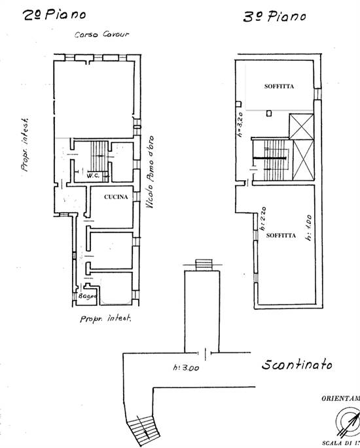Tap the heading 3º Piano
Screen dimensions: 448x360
pos(274,16)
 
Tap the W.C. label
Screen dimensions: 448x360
pos(91,176)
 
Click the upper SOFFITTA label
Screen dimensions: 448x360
pos(279,85)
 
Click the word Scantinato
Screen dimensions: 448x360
pos(296,365)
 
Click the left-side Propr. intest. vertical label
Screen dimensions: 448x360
pos(26,147)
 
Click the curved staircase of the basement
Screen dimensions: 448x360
pos(143,429)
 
